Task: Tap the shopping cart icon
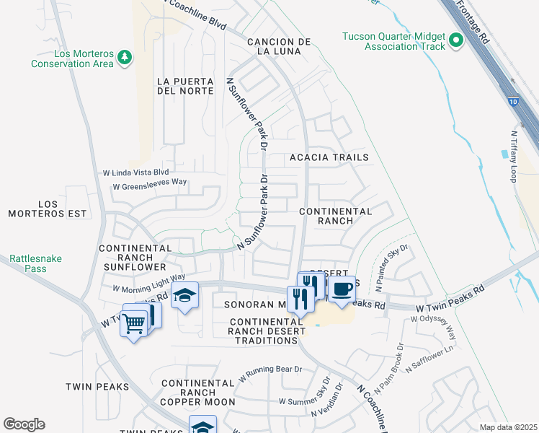click(133, 325)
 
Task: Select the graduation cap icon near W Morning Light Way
click(185, 297)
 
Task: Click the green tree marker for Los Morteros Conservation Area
click(125, 56)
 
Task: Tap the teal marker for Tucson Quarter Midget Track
click(455, 41)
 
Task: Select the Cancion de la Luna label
click(279, 48)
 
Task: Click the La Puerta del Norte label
click(185, 86)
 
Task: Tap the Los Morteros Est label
click(47, 209)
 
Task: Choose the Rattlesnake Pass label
click(29, 263)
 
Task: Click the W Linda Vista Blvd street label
click(135, 172)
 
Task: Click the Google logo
click(24, 424)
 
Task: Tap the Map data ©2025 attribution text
click(507, 427)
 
